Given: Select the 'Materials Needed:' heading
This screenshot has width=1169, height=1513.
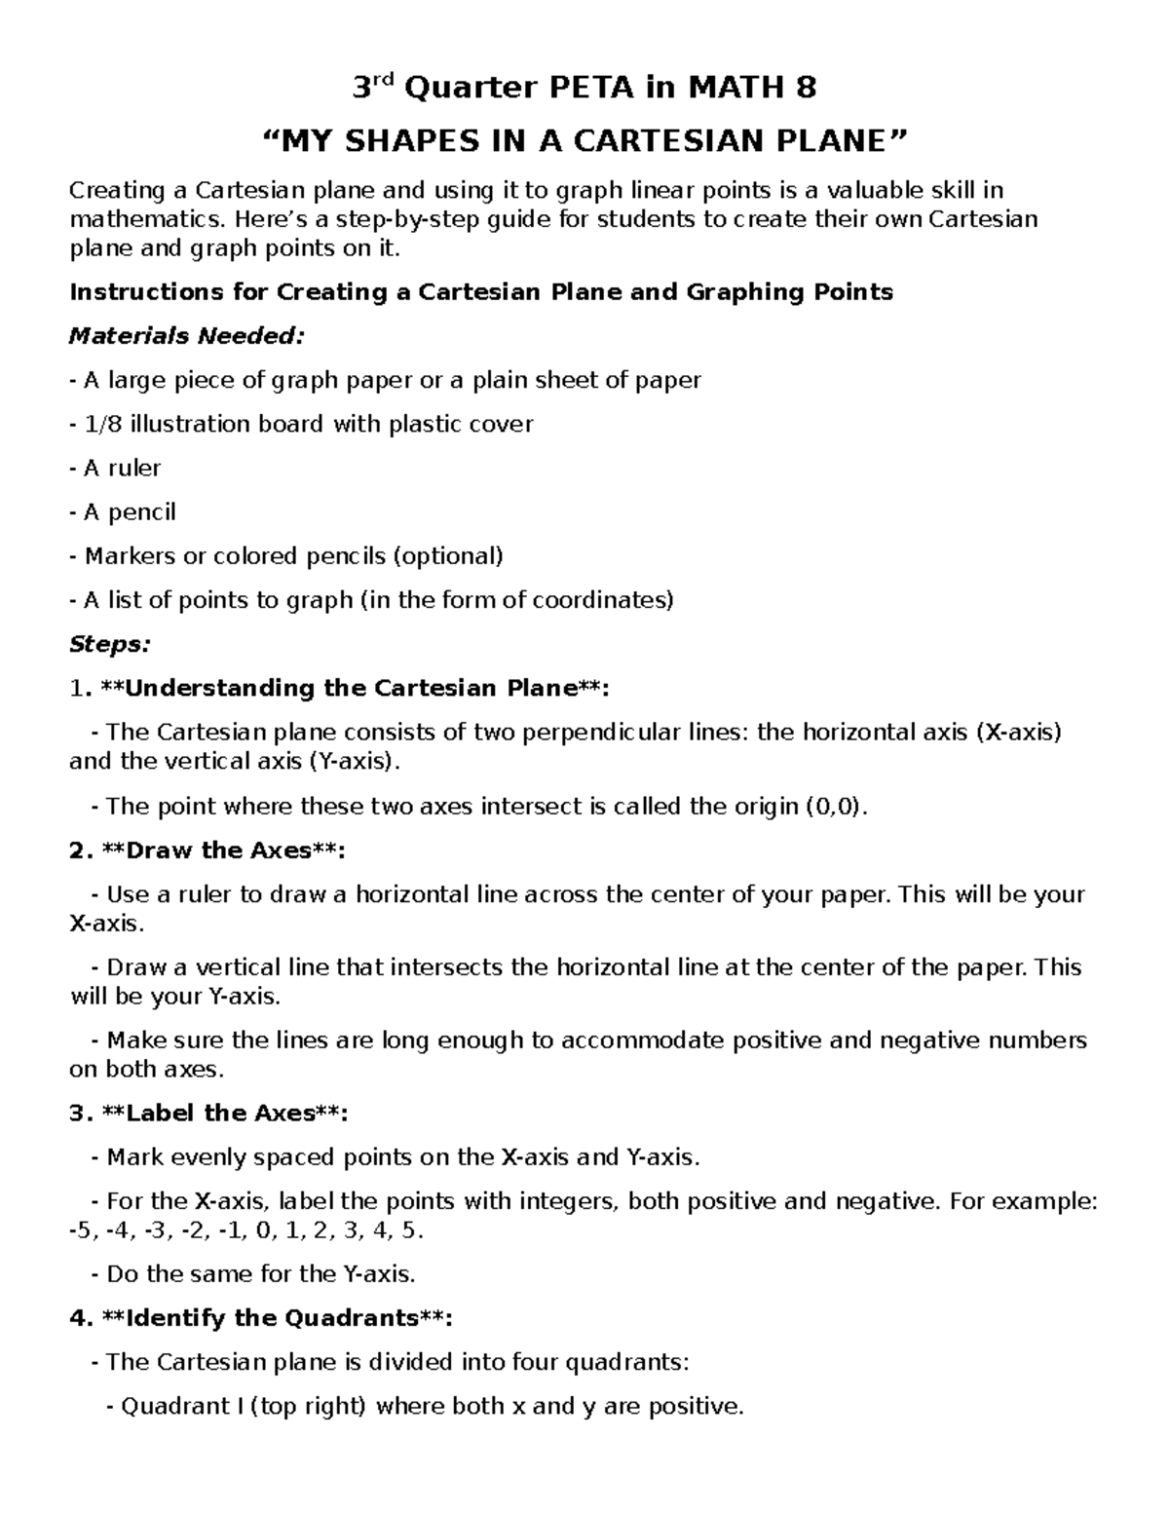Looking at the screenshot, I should click(x=187, y=337).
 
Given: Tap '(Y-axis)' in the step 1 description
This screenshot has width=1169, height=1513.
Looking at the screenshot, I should click(x=354, y=762).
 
